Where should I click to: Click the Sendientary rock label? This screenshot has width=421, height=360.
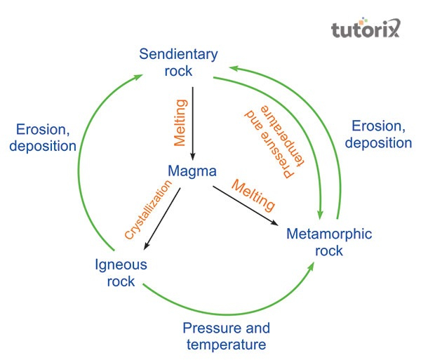[x=178, y=62]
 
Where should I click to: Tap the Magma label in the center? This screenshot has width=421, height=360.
[x=191, y=171]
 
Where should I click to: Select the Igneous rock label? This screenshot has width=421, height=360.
[x=121, y=273]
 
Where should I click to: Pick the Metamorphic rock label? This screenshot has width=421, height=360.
[x=328, y=241]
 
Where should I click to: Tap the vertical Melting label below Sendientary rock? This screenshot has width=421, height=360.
[x=181, y=122]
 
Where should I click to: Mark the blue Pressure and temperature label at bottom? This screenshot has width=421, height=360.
[x=225, y=336]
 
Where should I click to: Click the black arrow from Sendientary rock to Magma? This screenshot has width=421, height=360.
[x=194, y=123]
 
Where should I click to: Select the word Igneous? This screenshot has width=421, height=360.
[x=121, y=265]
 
